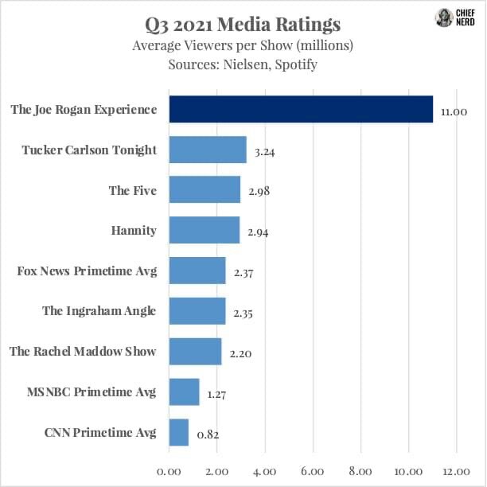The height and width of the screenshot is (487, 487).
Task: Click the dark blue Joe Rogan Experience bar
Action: tap(301, 110)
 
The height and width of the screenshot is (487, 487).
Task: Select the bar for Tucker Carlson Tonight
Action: tap(208, 150)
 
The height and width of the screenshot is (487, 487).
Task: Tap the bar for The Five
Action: tap(205, 190)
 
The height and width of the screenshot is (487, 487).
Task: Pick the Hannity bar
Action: tap(205, 231)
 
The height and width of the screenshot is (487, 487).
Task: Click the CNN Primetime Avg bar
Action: tap(179, 433)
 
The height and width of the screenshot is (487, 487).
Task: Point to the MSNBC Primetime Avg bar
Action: tap(185, 392)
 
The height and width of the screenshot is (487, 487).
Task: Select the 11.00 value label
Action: tap(454, 111)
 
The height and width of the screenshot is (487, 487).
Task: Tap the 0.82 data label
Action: tap(208, 434)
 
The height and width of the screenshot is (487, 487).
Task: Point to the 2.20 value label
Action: tap(241, 353)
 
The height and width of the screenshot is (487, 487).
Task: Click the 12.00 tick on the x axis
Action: tap(456, 472)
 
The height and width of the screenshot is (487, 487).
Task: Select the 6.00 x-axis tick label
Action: tap(313, 472)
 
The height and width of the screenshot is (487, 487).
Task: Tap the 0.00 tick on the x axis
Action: tap(169, 472)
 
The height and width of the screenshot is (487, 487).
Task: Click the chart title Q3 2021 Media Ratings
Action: tap(243, 24)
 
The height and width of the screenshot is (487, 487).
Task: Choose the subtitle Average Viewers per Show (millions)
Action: tap(243, 45)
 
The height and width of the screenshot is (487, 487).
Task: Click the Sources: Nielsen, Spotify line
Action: tap(243, 64)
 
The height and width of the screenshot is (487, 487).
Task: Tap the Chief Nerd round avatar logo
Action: tap(443, 18)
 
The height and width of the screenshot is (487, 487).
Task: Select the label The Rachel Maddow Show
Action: tap(83, 352)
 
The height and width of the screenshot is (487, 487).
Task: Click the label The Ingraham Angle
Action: tap(99, 311)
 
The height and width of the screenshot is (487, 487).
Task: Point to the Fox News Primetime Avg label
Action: tap(87, 271)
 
